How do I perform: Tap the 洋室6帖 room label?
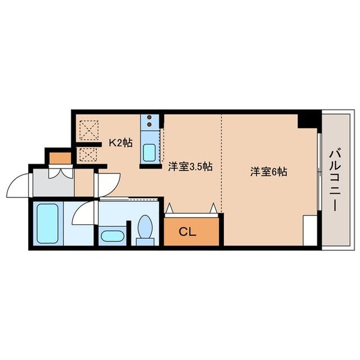tap(268, 172)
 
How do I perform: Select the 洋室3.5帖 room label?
tap(190, 168)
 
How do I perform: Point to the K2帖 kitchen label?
tap(119, 143)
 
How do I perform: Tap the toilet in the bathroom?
tap(145, 230)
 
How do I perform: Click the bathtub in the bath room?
tap(46, 223)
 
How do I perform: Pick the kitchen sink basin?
tap(149, 151)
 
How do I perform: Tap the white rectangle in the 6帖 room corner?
tap(310, 231)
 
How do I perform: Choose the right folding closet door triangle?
tap(213, 208)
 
